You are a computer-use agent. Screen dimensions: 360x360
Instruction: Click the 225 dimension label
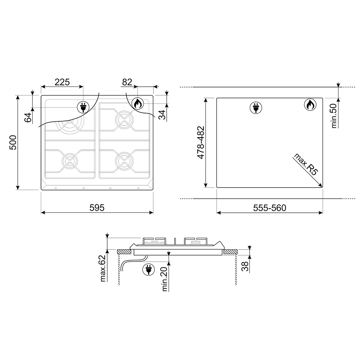[x=62, y=82]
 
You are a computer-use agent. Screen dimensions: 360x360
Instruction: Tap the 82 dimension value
[x=127, y=82]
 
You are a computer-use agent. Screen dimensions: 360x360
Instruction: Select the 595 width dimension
[x=97, y=208]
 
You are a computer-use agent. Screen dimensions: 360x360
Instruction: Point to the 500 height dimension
[x=13, y=143]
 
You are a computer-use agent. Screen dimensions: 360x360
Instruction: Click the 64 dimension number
[x=28, y=118]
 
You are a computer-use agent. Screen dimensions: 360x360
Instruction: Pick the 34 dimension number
[x=162, y=115]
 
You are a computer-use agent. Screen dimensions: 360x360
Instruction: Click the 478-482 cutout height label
[x=201, y=142]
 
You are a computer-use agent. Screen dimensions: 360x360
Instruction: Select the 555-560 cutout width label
[x=270, y=208]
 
